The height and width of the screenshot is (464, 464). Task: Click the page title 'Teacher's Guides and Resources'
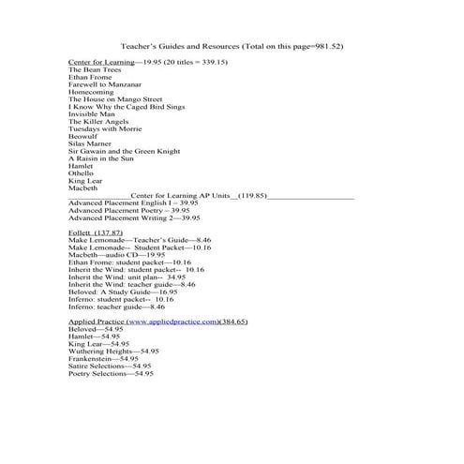point(179,45)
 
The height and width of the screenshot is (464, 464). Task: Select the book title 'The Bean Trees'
point(95,68)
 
